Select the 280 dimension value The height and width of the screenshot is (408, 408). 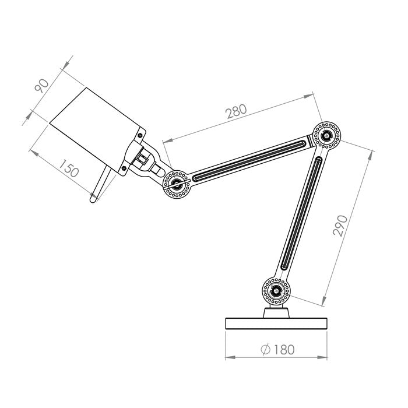[236, 111]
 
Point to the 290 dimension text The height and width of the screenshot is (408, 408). [342, 225]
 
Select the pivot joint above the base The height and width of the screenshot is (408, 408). [276, 290]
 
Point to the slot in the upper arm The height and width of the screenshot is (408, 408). [249, 159]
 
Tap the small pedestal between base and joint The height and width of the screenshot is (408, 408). [276, 312]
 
